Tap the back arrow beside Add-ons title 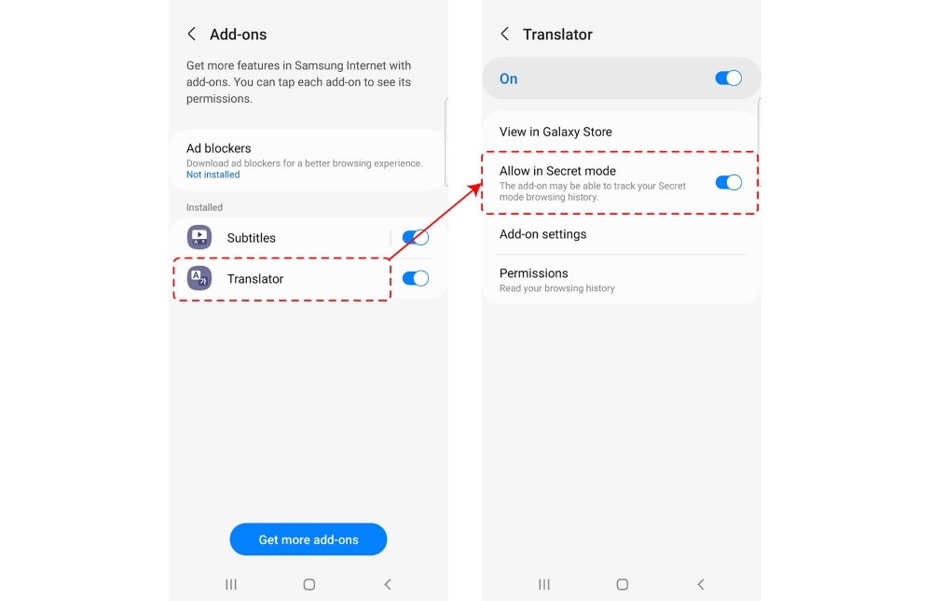click(191, 34)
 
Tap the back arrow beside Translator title click(504, 34)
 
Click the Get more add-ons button click(308, 539)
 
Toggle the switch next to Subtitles click(416, 237)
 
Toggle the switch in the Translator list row click(416, 278)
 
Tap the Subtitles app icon click(199, 237)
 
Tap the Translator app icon click(199, 278)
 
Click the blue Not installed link click(212, 175)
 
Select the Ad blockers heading click(219, 148)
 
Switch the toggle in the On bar click(728, 78)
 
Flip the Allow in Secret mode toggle click(728, 182)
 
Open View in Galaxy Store click(555, 132)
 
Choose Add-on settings click(542, 234)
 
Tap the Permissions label click(534, 273)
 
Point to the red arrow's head click(478, 186)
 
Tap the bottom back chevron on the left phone click(388, 584)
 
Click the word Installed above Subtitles click(204, 207)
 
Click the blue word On click(508, 78)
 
